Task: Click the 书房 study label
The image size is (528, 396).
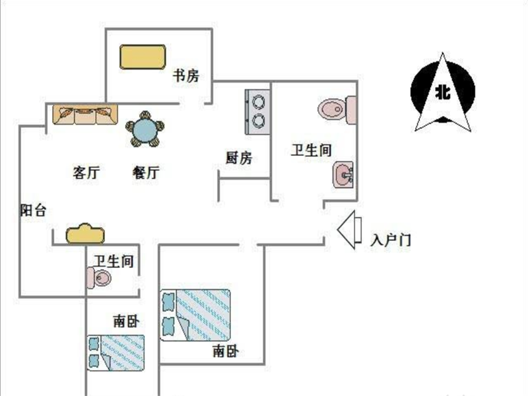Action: click(x=185, y=75)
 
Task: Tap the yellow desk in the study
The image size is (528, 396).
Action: click(x=142, y=56)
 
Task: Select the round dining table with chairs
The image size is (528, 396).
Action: click(x=143, y=129)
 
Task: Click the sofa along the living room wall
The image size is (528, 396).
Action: click(x=84, y=115)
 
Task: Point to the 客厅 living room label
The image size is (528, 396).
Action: click(x=86, y=173)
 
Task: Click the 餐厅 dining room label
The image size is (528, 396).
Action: click(x=146, y=173)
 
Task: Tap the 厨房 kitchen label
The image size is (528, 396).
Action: click(x=238, y=158)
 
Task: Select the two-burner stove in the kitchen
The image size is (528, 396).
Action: click(x=257, y=110)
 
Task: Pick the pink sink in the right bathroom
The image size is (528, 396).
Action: click(x=343, y=176)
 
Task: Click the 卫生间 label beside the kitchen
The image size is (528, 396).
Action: click(x=311, y=150)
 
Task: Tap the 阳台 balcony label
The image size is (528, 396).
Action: click(x=33, y=211)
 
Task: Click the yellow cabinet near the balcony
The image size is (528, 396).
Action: click(x=85, y=234)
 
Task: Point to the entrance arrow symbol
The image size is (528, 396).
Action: click(x=347, y=230)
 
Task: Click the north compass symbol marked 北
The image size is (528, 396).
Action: click(x=442, y=92)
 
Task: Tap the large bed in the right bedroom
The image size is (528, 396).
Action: click(x=196, y=315)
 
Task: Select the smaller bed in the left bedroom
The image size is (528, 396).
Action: click(x=116, y=352)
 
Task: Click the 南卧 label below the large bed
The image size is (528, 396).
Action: click(x=225, y=351)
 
